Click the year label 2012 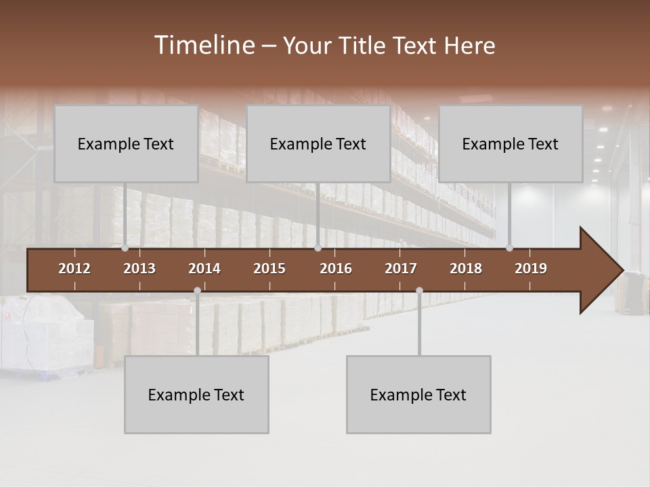[x=74, y=269]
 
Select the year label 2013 [x=139, y=269]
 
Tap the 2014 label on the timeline [x=204, y=269]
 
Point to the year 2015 [x=269, y=269]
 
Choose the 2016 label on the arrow [x=336, y=269]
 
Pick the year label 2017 [x=401, y=269]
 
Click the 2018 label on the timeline [x=466, y=269]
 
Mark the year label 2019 [x=531, y=269]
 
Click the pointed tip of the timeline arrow [x=621, y=271]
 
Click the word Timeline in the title [x=204, y=45]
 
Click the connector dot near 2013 [x=125, y=248]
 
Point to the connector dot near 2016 [x=318, y=248]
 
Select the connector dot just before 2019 [x=510, y=248]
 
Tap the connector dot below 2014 [x=197, y=290]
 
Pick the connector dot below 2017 [x=419, y=290]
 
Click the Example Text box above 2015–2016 [x=318, y=143]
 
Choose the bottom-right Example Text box [x=418, y=394]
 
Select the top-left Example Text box [x=126, y=143]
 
